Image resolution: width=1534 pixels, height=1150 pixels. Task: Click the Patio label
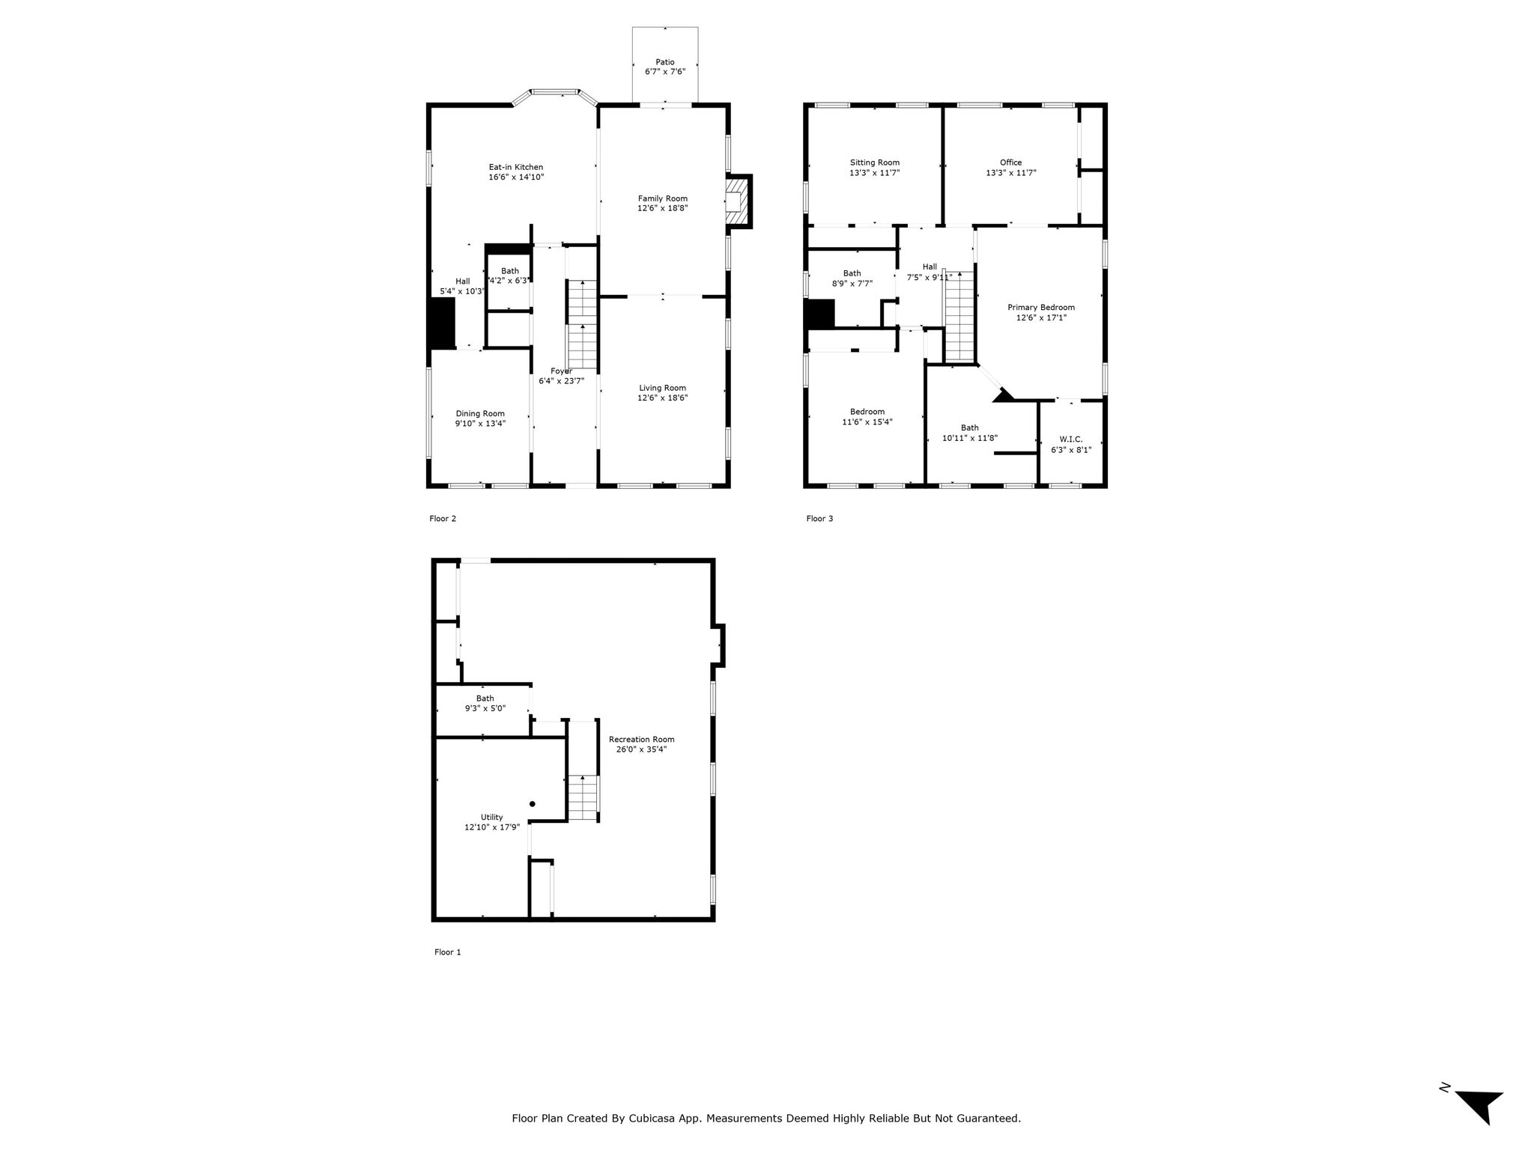(x=665, y=62)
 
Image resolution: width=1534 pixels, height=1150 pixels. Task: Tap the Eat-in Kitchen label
(x=516, y=167)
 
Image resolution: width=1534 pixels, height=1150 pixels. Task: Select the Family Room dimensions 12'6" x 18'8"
(x=663, y=208)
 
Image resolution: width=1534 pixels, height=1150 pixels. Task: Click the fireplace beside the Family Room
(x=739, y=201)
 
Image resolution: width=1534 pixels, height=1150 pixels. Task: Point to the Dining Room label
(x=480, y=413)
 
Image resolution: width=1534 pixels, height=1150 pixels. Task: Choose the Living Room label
(x=663, y=388)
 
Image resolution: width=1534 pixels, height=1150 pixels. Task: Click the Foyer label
(x=562, y=371)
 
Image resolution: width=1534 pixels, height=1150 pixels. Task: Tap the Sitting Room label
(x=875, y=162)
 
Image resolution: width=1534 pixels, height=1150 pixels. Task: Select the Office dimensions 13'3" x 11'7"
(x=1011, y=173)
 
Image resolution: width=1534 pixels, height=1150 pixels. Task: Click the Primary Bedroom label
(x=1041, y=307)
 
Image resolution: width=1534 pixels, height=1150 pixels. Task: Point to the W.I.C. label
(x=1071, y=439)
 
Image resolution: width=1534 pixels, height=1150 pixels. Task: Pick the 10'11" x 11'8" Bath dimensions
(x=970, y=438)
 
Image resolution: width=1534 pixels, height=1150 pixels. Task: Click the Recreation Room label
(x=642, y=739)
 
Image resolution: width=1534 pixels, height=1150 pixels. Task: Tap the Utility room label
(x=492, y=817)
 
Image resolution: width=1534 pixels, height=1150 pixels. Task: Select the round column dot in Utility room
(x=533, y=804)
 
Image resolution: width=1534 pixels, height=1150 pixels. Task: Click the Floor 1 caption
(x=448, y=952)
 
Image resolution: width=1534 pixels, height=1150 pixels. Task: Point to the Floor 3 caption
(x=819, y=519)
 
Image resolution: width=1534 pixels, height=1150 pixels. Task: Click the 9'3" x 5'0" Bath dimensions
(x=485, y=708)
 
